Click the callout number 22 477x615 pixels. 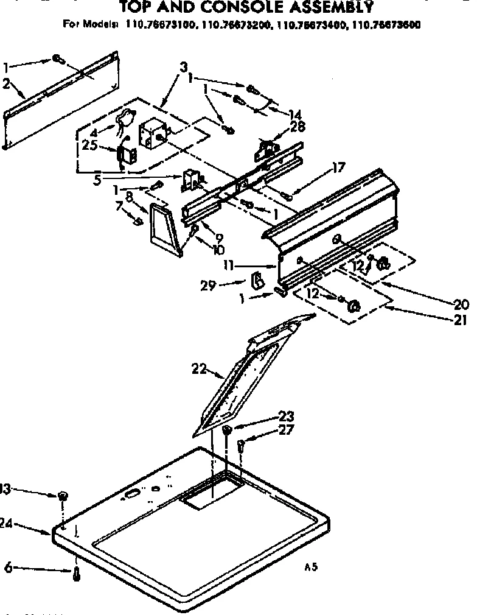[x=198, y=368]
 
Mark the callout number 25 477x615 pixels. [x=89, y=146]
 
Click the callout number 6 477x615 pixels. [x=9, y=568]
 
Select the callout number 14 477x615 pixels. [x=295, y=113]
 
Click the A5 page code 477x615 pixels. [x=311, y=567]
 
